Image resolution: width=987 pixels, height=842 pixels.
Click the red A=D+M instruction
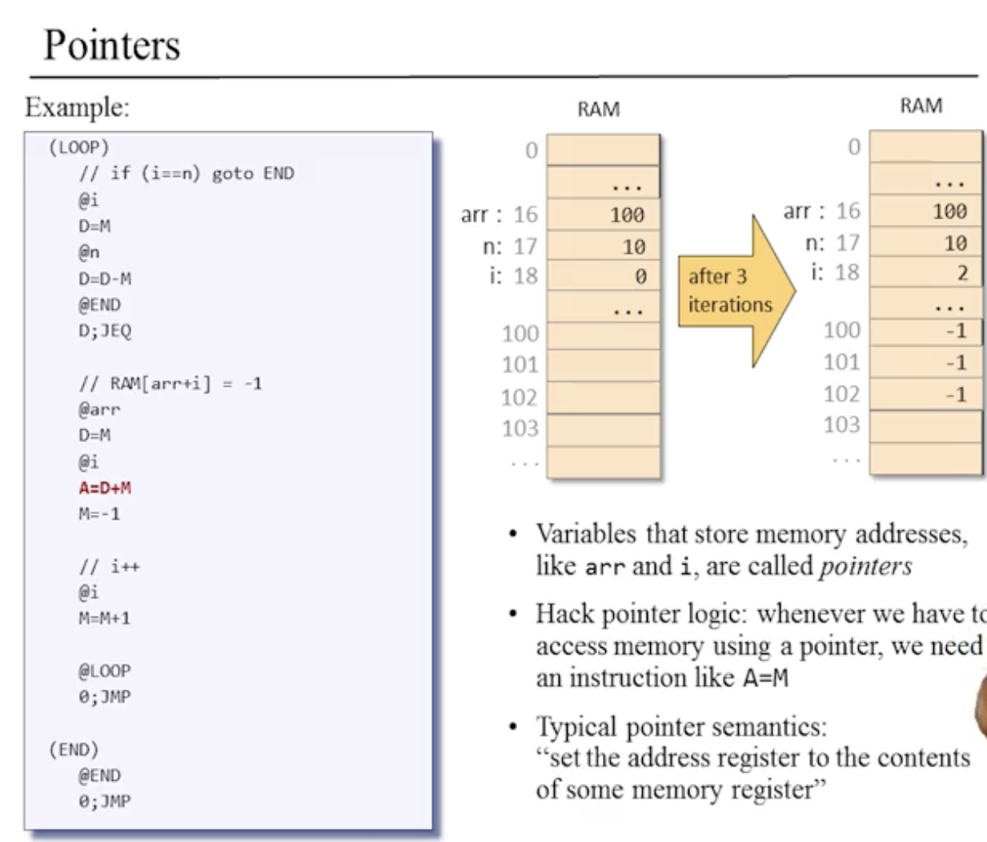[x=104, y=488]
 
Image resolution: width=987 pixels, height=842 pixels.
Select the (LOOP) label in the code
[x=78, y=148]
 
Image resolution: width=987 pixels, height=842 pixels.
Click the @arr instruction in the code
[x=100, y=410]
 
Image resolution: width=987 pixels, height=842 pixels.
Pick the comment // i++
[x=108, y=566]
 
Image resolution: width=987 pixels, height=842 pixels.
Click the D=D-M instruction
[x=104, y=279]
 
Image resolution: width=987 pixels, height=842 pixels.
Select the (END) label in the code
[x=73, y=749]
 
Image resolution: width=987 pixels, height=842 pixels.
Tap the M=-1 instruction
[x=100, y=514]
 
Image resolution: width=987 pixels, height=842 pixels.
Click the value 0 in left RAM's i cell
[x=640, y=277]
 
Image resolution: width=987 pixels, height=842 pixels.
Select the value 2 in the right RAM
[x=962, y=273]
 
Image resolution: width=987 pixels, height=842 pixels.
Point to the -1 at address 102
[x=955, y=394]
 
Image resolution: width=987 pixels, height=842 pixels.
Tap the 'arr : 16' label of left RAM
[x=499, y=215]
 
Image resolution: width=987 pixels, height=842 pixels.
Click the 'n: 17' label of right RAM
[x=832, y=242]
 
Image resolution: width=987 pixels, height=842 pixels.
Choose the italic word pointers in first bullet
[x=865, y=566]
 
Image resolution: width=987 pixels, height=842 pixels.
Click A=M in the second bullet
[x=766, y=679]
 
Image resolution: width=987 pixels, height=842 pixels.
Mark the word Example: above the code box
[x=77, y=107]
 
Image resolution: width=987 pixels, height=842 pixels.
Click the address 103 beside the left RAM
[x=520, y=428]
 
